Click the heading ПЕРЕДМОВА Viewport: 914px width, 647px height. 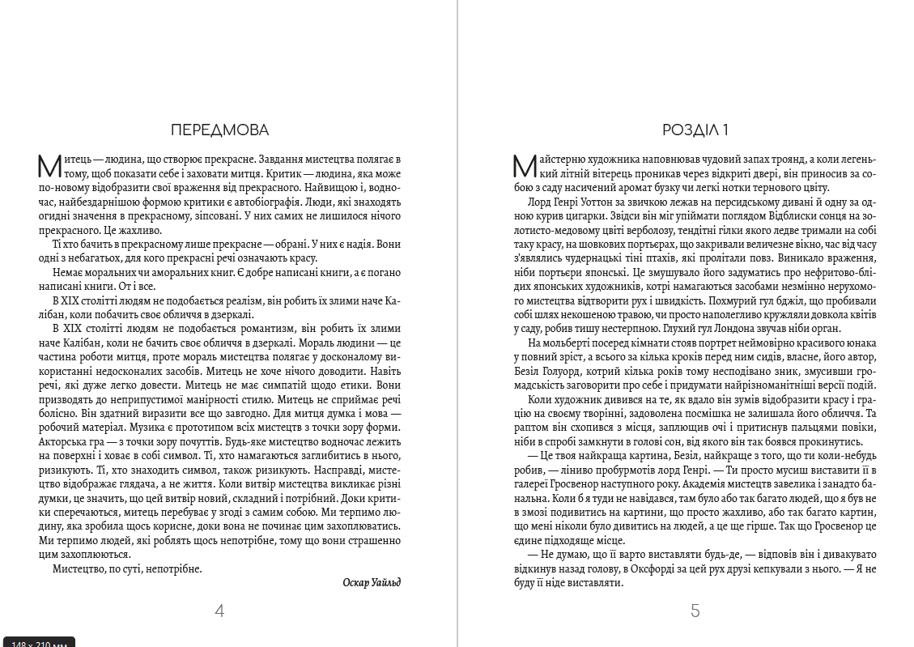pyautogui.click(x=219, y=130)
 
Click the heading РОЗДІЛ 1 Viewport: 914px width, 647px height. pyautogui.click(x=695, y=130)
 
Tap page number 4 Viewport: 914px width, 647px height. pyautogui.click(x=219, y=611)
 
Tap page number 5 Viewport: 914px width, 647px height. pyautogui.click(x=695, y=611)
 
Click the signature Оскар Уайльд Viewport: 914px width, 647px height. pyautogui.click(x=372, y=582)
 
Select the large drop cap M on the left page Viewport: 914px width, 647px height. pyautogui.click(x=49, y=166)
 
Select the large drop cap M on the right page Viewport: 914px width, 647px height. pyautogui.click(x=525, y=166)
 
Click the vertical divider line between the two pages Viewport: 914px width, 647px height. pyautogui.click(x=458, y=324)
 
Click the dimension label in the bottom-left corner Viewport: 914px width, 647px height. pyautogui.click(x=38, y=642)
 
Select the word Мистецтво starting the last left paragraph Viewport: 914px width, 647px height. pyautogui.click(x=77, y=568)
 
